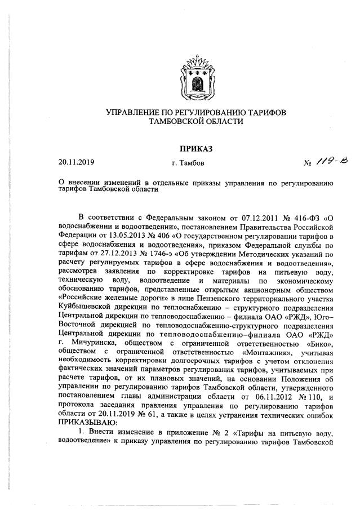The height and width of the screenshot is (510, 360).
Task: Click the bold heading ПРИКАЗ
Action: (x=196, y=149)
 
